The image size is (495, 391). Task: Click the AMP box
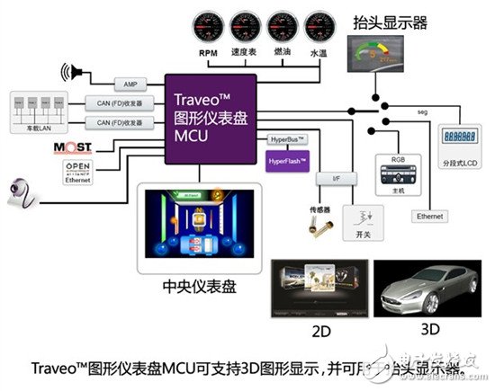tap(130, 83)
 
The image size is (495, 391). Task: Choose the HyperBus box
tap(288, 139)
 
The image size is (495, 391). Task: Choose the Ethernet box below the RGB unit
tap(428, 216)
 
